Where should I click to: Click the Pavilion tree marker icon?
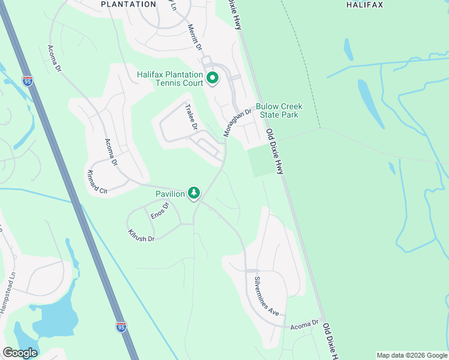[x=194, y=193]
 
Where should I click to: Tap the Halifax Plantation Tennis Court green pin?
[x=212, y=78]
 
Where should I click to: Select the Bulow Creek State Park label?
[x=279, y=110]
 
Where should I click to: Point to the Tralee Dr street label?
[x=191, y=118]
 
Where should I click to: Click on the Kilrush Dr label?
[x=142, y=235]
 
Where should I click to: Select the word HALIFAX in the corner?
[x=364, y=5]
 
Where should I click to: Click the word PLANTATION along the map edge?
[x=129, y=4]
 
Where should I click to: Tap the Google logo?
[x=20, y=353]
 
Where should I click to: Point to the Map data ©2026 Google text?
[x=412, y=355]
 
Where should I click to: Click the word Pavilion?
[x=170, y=194]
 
